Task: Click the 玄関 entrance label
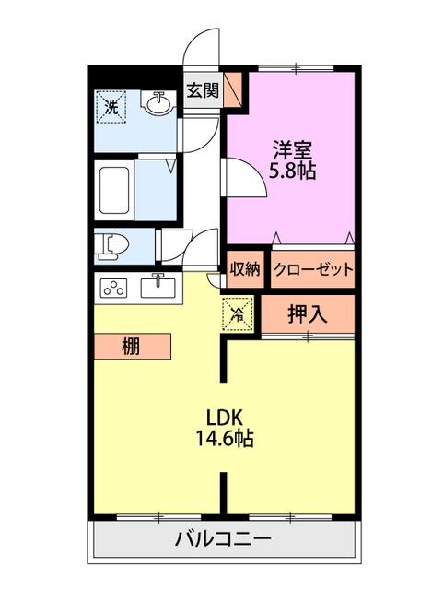pos(203,90)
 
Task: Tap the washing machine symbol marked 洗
pos(111,107)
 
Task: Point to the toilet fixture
pos(111,247)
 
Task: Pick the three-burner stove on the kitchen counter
pos(113,288)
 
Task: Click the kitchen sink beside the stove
pos(158,287)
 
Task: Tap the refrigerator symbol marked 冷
pos(238,313)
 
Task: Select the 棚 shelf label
pos(131,347)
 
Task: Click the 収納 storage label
pos(245,269)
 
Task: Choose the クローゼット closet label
pos(313,269)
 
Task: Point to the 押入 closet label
pos(307,313)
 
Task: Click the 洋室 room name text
pos(292,149)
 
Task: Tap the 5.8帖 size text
pos(292,171)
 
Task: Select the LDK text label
pos(225,417)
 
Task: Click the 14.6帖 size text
pos(225,438)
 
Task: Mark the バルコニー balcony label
pos(223,539)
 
